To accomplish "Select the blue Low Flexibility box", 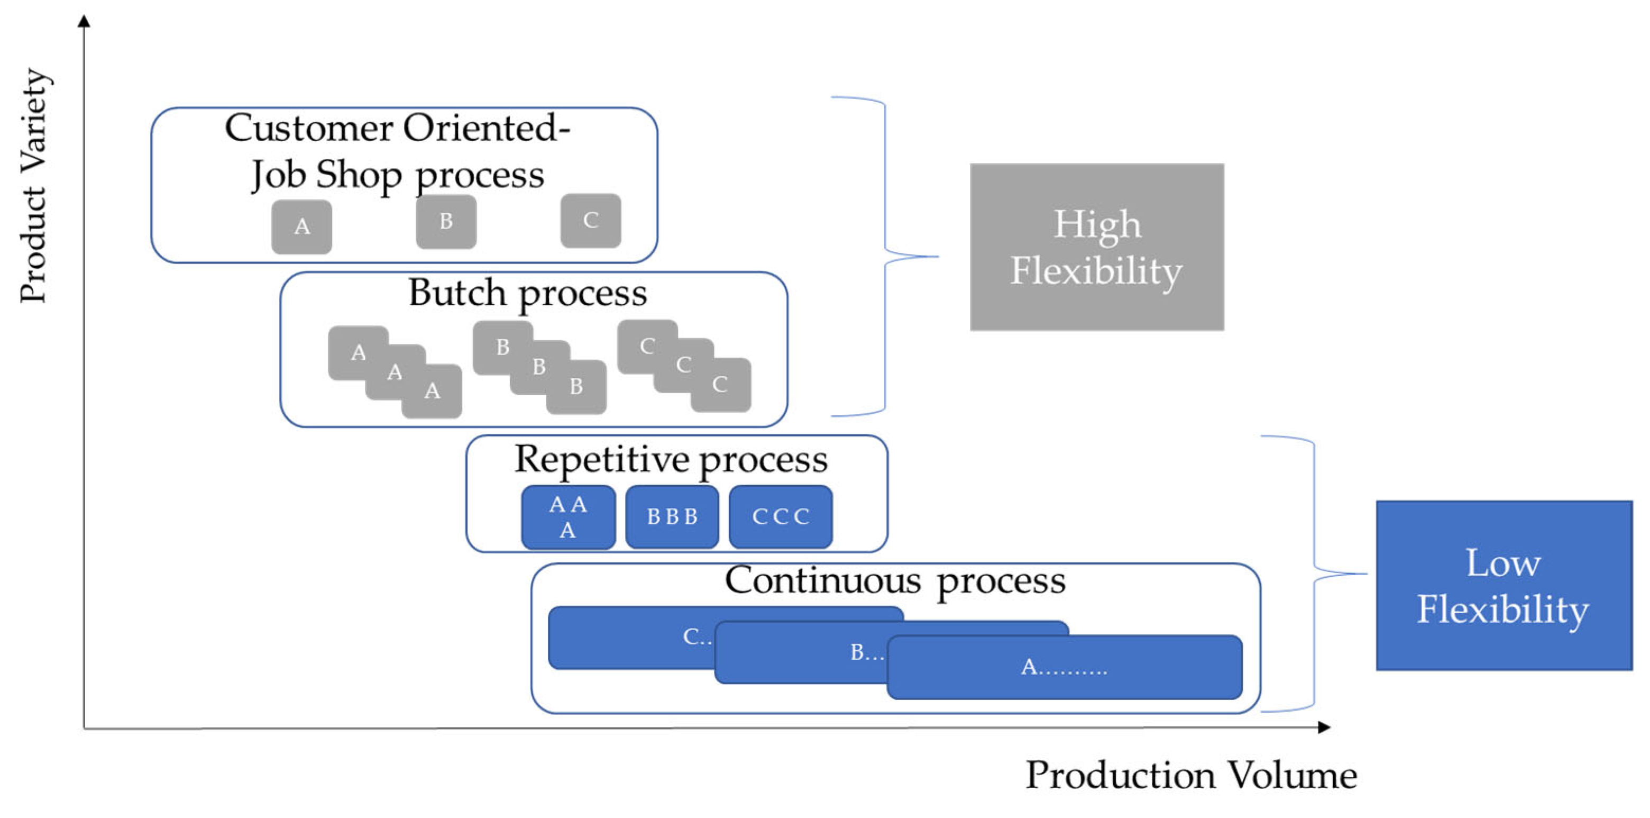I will click(x=1504, y=585).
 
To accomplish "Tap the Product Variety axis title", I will click(x=33, y=186).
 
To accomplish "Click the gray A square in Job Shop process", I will click(x=301, y=226).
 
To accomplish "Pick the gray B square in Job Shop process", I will click(x=446, y=221).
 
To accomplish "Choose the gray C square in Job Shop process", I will click(x=590, y=221).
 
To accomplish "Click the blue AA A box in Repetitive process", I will click(x=568, y=517).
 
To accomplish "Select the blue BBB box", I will click(x=672, y=517).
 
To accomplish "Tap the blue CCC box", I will click(x=780, y=517).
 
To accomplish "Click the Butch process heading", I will click(x=528, y=294).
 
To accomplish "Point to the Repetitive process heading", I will click(x=671, y=460).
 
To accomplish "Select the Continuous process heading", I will click(x=895, y=581).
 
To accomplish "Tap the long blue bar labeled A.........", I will click(x=1064, y=667).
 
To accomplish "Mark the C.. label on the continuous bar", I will click(x=697, y=637).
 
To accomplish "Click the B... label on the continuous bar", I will click(x=867, y=652).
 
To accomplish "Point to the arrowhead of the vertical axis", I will click(x=84, y=21).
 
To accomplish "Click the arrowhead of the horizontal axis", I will click(x=1324, y=727).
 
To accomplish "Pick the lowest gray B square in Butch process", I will click(x=576, y=387).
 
